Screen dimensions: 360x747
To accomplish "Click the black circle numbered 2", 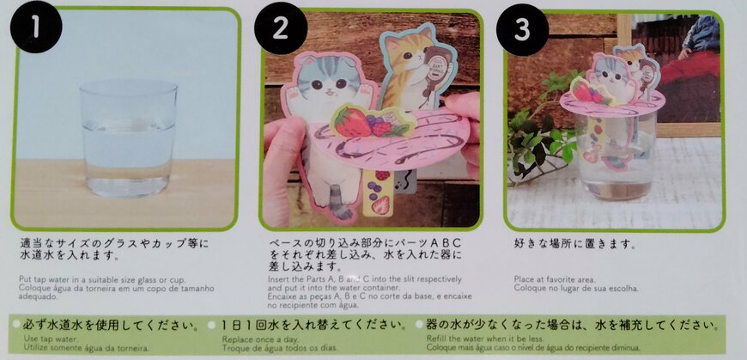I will coord(280,29).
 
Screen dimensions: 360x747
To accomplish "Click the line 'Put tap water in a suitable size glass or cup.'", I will coord(102,279).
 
